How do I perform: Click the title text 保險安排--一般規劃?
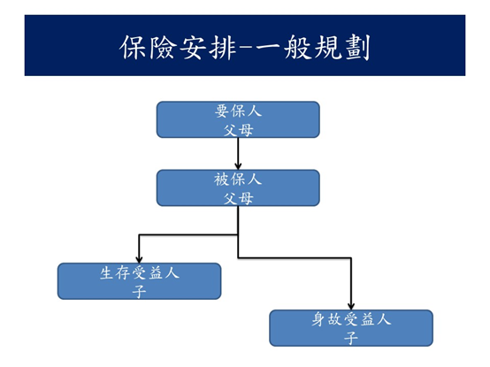click(x=245, y=47)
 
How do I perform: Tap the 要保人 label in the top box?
click(x=238, y=111)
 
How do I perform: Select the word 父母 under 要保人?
click(x=238, y=130)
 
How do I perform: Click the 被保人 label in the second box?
click(x=238, y=180)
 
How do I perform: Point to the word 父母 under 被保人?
click(x=238, y=198)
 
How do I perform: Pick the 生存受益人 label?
click(x=140, y=272)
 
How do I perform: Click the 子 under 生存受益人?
click(x=139, y=292)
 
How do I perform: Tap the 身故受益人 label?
click(x=351, y=319)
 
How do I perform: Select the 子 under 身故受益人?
click(x=351, y=339)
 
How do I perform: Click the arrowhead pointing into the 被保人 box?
click(x=238, y=166)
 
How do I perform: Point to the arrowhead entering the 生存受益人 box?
click(x=139, y=260)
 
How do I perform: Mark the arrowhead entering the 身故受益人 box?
click(x=351, y=306)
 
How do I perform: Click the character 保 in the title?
click(x=133, y=47)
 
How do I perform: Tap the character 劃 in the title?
click(x=358, y=47)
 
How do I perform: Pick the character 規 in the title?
click(x=328, y=47)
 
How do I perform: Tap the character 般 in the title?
click(x=298, y=47)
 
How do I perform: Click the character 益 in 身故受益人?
click(x=367, y=319)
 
